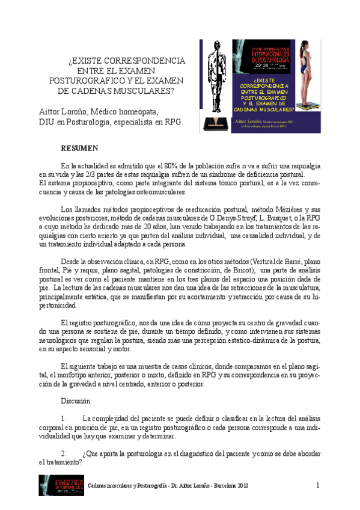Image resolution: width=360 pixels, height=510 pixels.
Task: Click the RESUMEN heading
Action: coord(81,147)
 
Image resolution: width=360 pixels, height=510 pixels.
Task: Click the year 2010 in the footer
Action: coord(242,485)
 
